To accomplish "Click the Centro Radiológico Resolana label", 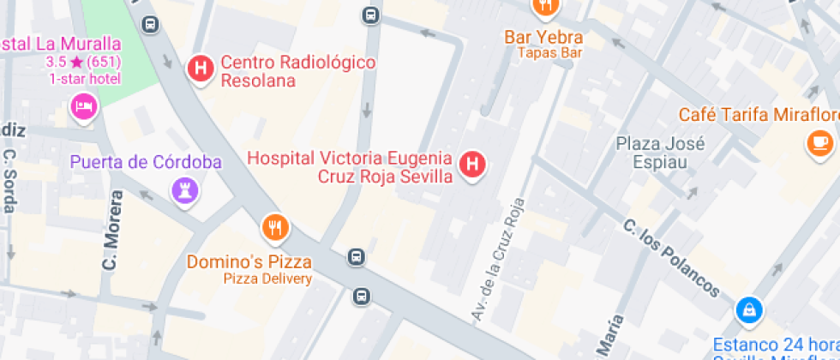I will [x=298, y=72].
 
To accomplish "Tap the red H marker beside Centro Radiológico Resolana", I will [x=201, y=68].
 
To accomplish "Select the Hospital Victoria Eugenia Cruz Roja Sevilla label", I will [x=349, y=167].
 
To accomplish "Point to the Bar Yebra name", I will [x=543, y=38].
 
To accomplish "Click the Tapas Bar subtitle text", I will [x=549, y=52].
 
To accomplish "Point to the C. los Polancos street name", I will [x=671, y=258].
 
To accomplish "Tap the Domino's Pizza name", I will [x=249, y=261].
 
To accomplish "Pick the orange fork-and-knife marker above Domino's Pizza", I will [x=274, y=227].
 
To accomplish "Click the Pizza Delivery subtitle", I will [x=267, y=279].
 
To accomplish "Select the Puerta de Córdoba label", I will [x=146, y=162].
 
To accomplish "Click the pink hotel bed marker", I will [x=83, y=107].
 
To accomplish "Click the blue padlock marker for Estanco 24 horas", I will [x=748, y=309].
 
